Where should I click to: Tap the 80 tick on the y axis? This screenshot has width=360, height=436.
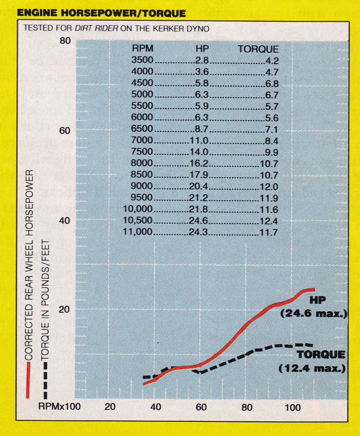click(65, 41)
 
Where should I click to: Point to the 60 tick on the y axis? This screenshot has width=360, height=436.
click(65, 131)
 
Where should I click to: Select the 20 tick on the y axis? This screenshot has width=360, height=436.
click(65, 309)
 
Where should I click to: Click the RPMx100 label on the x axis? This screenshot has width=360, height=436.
click(59, 407)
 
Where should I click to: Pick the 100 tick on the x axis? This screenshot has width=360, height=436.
click(293, 407)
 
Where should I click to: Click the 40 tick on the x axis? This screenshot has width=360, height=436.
click(156, 407)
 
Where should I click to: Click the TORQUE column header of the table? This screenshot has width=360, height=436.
click(259, 49)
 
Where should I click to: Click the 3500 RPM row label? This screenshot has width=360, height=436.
click(142, 61)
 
